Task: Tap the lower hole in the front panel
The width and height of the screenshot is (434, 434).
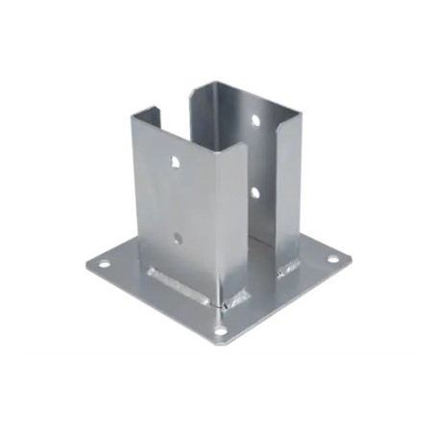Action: (177, 234)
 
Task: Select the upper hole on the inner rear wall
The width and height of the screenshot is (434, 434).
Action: (256, 121)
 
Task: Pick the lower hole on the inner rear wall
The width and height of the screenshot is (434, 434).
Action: (254, 193)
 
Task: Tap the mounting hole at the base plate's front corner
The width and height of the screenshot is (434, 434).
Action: (221, 331)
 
